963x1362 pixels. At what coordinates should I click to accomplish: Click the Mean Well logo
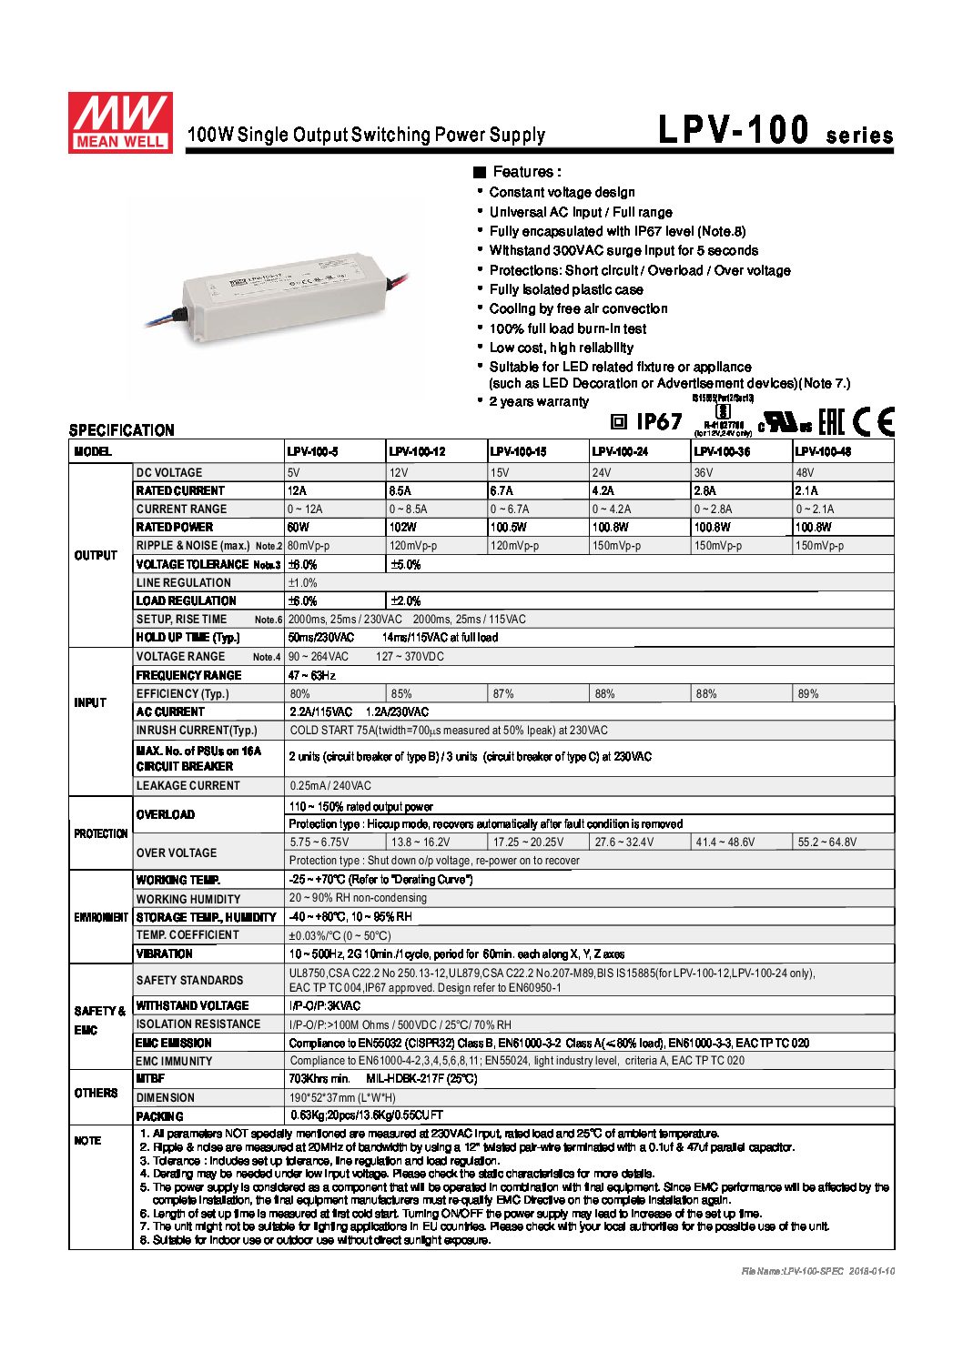point(120,122)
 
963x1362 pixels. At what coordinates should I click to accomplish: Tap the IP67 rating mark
point(647,421)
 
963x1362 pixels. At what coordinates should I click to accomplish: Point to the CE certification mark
point(874,421)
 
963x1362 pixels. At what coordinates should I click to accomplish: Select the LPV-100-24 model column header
point(620,451)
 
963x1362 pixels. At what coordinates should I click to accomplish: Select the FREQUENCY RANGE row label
point(188,675)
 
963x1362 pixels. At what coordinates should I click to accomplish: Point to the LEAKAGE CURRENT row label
point(188,786)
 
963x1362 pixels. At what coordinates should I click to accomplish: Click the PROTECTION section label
point(100,833)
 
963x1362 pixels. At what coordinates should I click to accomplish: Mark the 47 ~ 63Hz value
point(312,675)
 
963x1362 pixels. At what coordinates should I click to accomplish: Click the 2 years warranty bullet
point(538,402)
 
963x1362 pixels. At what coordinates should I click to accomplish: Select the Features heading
point(525,172)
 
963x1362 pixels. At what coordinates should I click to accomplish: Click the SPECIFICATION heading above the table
point(121,430)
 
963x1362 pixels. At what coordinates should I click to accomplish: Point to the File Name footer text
point(817,1270)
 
